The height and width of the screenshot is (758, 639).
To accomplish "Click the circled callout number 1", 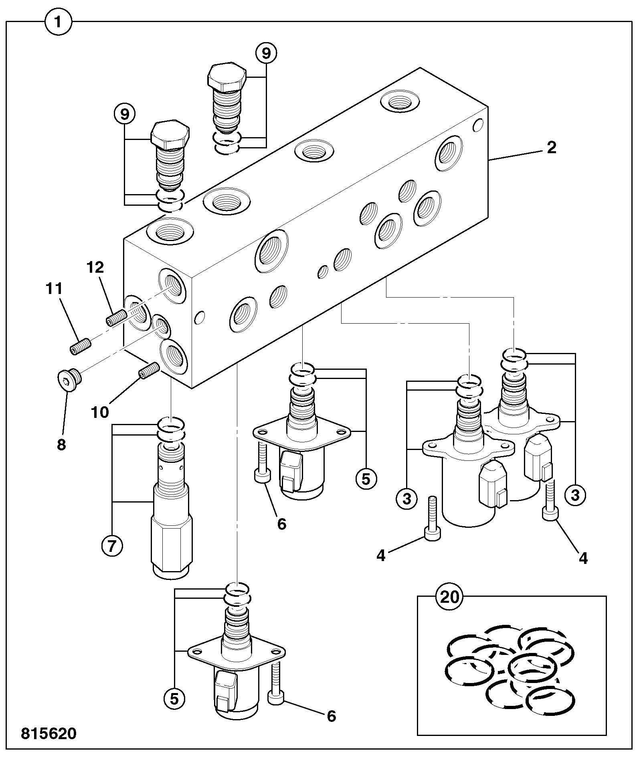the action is (x=58, y=22).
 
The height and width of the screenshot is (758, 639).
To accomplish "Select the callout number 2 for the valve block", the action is (x=552, y=148).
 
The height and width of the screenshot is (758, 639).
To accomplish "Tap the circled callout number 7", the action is (x=112, y=545).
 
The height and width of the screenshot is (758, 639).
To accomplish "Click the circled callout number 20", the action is (x=449, y=597).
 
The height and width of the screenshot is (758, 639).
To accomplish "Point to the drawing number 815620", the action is (x=49, y=734).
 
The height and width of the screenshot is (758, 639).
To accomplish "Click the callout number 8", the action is (x=61, y=445).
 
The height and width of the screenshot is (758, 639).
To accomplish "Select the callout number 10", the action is (x=100, y=412).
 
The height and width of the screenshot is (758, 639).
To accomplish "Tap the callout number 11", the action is (x=54, y=289).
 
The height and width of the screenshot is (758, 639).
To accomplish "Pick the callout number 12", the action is (x=95, y=267).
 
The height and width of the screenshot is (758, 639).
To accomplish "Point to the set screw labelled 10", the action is (x=149, y=369).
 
